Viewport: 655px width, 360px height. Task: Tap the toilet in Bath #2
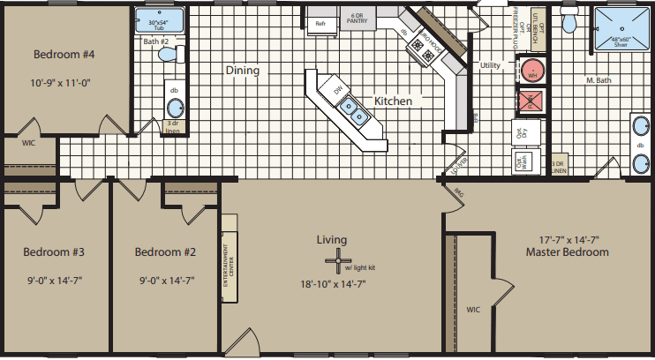click(165, 55)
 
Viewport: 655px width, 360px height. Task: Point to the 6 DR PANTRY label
click(358, 19)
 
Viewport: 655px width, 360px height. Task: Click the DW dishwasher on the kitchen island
click(336, 89)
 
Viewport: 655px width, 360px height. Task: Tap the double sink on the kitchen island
click(355, 111)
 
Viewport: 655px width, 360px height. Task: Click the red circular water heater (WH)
click(531, 71)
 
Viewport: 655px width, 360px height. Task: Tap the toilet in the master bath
click(570, 20)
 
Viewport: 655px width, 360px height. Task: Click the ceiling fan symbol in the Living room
click(336, 261)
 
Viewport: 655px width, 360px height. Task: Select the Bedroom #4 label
click(64, 55)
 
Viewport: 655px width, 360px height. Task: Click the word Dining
click(241, 70)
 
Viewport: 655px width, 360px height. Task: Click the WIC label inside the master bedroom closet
click(472, 309)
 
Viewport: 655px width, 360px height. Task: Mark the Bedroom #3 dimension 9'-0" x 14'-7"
click(54, 280)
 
